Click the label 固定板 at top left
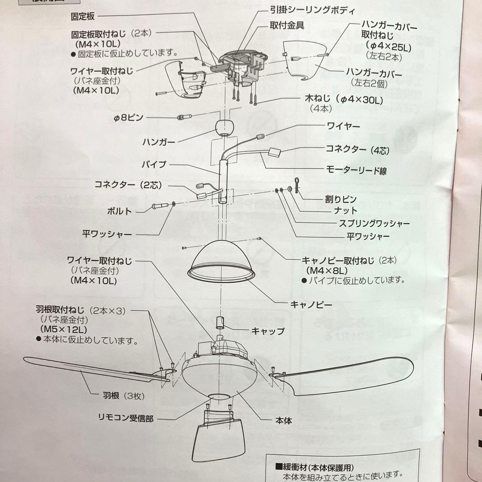[x=84, y=17]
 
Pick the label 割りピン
[x=341, y=198]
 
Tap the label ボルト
[x=119, y=211]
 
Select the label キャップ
[x=268, y=331]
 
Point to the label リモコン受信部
[x=126, y=419]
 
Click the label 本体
[x=283, y=420]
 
